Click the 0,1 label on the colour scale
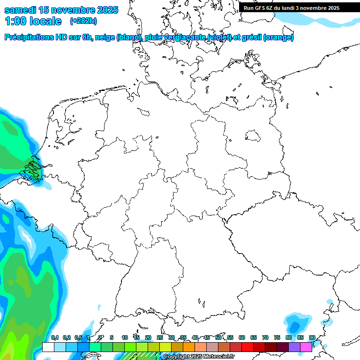[x=55, y=337]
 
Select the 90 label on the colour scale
[x=312, y=337]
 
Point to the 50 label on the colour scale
[x=218, y=337]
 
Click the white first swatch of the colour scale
[x=48, y=347]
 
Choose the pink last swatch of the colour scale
[x=306, y=347]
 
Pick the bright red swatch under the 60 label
[x=247, y=347]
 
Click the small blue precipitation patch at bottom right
[x=295, y=325]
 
